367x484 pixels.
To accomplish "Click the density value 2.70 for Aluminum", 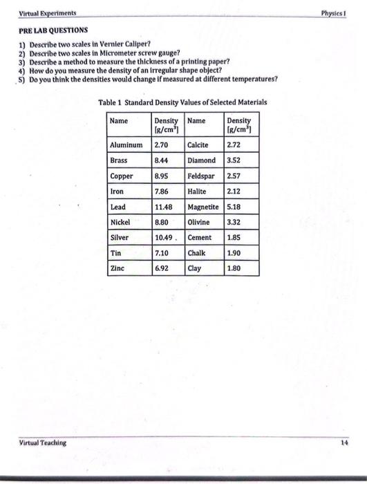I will [x=161, y=145].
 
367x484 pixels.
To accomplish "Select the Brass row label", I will [x=119, y=160].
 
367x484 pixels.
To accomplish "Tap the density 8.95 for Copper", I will [x=161, y=176].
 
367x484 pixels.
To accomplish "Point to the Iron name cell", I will [x=117, y=191].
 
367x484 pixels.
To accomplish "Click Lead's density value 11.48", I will [x=163, y=207].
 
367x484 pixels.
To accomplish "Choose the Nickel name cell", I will [x=120, y=222].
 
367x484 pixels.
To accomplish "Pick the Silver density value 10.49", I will [x=163, y=237].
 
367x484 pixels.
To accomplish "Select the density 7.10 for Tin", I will [x=161, y=252].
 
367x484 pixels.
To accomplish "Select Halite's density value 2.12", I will [x=236, y=191].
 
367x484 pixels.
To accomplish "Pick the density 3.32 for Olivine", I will [x=236, y=222].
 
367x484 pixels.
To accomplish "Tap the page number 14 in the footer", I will [x=344, y=443].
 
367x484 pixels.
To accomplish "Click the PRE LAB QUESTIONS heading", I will [x=53, y=30].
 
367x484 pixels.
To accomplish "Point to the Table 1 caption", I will [x=182, y=102].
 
